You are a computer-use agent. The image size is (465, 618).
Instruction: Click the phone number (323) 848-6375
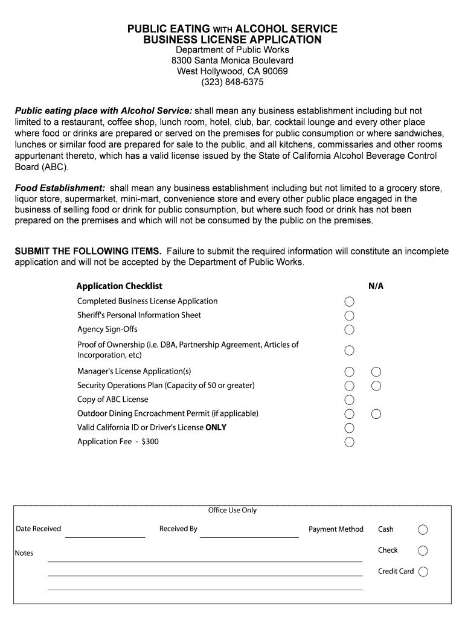[x=232, y=82]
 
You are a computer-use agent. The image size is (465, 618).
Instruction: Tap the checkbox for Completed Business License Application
[x=350, y=302]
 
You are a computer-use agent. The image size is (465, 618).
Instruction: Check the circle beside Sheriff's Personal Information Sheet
[x=350, y=316]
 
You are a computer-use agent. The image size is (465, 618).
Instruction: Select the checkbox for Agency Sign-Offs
[x=350, y=330]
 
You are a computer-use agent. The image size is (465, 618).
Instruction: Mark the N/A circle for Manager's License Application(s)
[x=376, y=372]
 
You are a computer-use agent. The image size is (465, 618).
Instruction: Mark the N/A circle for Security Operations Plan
[x=376, y=386]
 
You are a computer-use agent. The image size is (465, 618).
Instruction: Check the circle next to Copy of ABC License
[x=350, y=400]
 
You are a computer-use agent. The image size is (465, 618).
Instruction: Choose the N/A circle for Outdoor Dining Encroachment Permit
[x=376, y=414]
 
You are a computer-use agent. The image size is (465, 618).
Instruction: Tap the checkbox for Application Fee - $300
[x=350, y=442]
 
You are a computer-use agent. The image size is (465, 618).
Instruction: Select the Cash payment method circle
[x=423, y=530]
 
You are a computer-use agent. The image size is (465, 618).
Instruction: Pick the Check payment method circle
[x=423, y=550]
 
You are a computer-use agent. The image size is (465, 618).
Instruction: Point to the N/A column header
[x=376, y=286]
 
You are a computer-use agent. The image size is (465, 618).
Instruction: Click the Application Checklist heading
[x=119, y=286]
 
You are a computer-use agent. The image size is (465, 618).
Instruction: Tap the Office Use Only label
[x=232, y=511]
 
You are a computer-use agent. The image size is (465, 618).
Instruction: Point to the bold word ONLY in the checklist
[x=216, y=427]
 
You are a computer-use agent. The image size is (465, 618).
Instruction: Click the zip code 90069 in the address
[x=275, y=71]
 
